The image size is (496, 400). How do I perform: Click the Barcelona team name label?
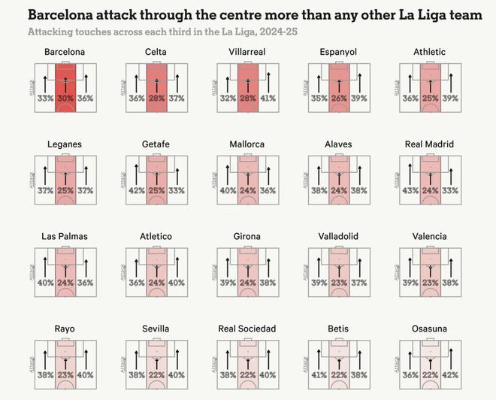click(65, 52)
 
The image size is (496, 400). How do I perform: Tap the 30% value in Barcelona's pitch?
click(65, 98)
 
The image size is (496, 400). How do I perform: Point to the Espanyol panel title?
click(338, 52)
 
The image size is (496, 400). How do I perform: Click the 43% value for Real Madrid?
click(410, 190)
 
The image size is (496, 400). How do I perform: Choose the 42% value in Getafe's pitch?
click(137, 190)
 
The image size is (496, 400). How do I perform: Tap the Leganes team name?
click(65, 144)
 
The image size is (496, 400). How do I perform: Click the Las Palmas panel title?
click(65, 236)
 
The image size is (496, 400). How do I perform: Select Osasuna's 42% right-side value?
click(449, 374)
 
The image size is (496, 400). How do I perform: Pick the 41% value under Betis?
click(319, 374)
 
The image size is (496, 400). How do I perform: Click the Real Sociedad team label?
click(247, 329)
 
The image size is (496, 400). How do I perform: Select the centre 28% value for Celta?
click(156, 98)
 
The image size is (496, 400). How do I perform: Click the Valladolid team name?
click(338, 236)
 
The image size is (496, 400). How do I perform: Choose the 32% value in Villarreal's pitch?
click(228, 98)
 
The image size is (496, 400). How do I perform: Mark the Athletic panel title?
click(429, 52)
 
